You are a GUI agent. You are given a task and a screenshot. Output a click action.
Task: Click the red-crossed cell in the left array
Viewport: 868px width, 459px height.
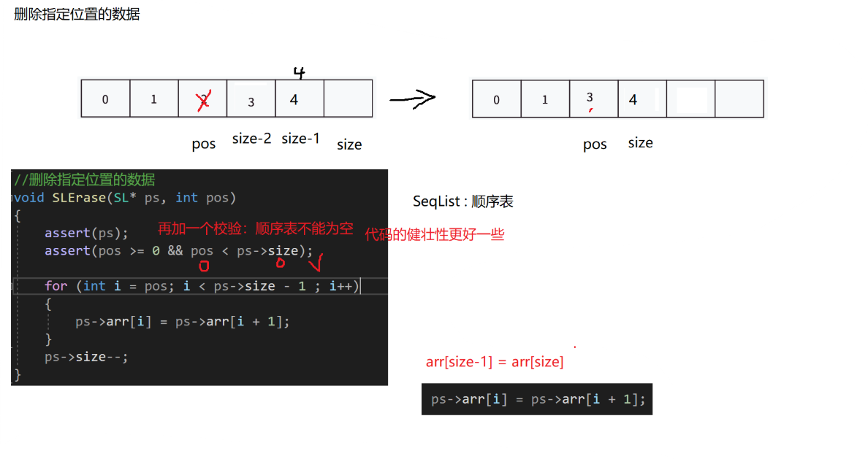click(203, 99)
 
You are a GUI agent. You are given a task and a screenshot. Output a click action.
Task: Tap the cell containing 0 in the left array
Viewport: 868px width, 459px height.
click(105, 99)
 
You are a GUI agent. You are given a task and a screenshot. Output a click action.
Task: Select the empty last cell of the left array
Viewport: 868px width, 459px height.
click(348, 99)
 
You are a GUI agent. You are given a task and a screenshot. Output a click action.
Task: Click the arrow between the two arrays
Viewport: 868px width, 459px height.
click(413, 99)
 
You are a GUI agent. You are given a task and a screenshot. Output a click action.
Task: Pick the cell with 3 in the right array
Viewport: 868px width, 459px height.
click(593, 99)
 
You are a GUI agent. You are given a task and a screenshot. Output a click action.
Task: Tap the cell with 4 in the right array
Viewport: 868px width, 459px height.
click(642, 99)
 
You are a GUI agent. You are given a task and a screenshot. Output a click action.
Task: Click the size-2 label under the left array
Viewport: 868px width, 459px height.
click(251, 139)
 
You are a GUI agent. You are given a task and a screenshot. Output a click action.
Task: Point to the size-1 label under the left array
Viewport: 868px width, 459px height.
click(300, 139)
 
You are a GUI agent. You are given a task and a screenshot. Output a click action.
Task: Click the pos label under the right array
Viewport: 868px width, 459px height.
click(595, 144)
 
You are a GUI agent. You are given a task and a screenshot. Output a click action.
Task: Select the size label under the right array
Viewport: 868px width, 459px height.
click(640, 142)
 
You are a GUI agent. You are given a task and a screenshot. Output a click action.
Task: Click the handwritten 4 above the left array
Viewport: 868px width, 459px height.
click(298, 72)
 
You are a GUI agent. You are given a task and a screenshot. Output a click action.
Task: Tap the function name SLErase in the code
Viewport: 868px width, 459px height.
click(80, 198)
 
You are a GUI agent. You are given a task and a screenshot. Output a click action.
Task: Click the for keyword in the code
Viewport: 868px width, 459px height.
click(56, 286)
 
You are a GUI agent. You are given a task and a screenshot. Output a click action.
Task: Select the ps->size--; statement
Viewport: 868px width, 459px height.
click(86, 357)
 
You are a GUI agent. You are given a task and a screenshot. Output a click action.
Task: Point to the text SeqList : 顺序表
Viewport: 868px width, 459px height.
click(462, 201)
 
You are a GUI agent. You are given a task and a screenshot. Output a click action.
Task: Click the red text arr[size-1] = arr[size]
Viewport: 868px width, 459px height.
click(495, 362)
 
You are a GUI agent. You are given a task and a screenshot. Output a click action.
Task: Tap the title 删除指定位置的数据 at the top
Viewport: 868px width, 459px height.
click(77, 14)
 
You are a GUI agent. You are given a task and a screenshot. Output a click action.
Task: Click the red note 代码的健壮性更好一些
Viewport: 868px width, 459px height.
click(435, 235)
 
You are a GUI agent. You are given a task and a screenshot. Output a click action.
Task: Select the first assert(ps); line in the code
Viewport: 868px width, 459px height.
click(86, 234)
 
